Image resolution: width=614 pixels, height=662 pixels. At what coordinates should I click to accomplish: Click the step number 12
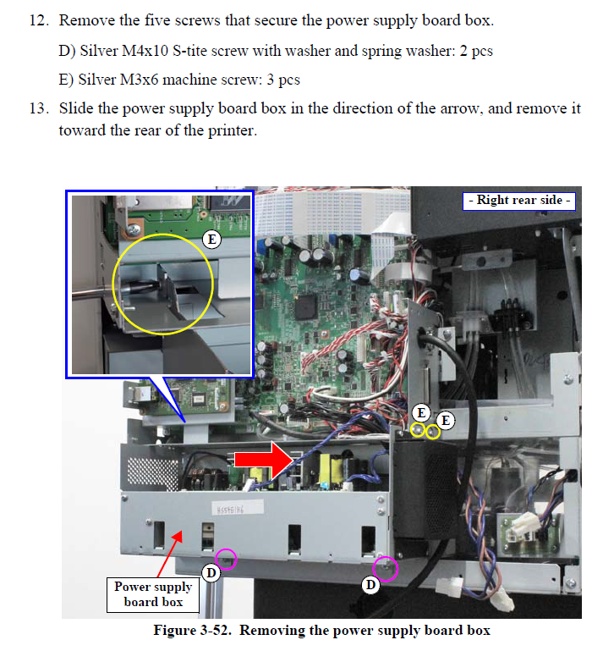tap(38, 20)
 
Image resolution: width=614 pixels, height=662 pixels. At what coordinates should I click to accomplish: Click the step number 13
tap(38, 108)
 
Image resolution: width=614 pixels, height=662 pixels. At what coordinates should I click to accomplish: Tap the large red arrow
tap(263, 461)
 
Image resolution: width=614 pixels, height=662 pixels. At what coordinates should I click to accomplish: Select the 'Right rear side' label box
tap(519, 201)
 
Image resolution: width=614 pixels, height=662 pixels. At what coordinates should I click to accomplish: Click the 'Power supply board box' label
tap(153, 594)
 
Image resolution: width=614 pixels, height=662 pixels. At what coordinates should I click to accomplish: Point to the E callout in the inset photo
tap(211, 240)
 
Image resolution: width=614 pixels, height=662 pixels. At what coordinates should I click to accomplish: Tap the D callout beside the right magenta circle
tap(370, 585)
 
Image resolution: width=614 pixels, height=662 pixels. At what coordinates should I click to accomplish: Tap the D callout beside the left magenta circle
tap(211, 573)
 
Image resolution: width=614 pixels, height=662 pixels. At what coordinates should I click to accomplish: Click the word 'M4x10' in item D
tap(145, 51)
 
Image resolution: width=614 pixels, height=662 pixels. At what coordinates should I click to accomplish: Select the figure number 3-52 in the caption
tap(215, 631)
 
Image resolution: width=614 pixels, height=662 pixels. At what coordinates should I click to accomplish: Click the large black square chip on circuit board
tap(306, 307)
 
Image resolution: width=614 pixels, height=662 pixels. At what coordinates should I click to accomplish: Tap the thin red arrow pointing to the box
tap(169, 554)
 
